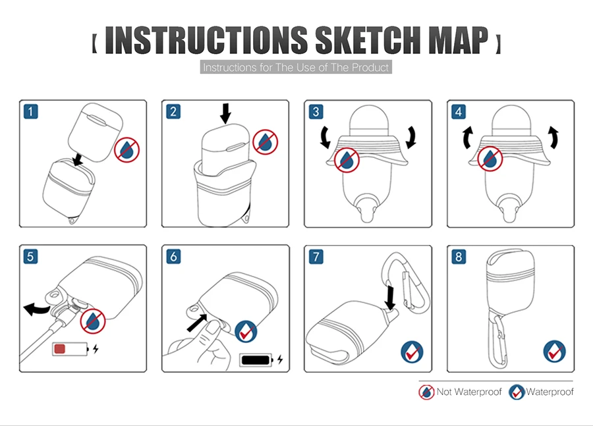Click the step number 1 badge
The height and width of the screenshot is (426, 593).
coord(30,111)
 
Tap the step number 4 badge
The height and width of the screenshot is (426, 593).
coord(459,111)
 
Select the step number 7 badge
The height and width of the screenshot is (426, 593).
coord(316,257)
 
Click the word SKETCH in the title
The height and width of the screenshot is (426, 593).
coord(367,40)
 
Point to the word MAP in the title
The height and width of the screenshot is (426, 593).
coord(459,40)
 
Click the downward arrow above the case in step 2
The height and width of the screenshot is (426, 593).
coord(226,113)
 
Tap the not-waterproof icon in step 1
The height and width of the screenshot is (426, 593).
coord(127,150)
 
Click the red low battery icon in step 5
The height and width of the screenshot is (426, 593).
coord(71,349)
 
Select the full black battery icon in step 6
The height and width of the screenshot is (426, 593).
coord(256,359)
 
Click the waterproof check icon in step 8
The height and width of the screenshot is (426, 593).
coord(554,352)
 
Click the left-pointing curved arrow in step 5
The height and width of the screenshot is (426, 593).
coord(36,309)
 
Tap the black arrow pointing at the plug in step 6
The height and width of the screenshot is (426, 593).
coord(197,323)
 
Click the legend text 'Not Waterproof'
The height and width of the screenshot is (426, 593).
coord(469,392)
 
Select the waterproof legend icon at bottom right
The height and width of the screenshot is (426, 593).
coord(517,392)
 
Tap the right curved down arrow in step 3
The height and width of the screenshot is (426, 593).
coord(410,137)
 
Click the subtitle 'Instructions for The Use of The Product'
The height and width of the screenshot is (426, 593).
coord(296,67)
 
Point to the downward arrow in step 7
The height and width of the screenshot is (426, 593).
coord(389,298)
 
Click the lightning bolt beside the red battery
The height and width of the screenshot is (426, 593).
coord(96,348)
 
